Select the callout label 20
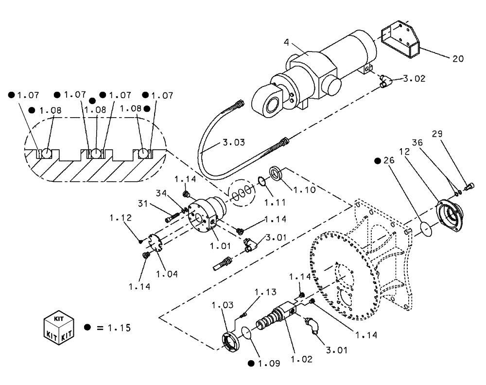(x=458, y=59)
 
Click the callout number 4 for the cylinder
(x=286, y=42)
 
